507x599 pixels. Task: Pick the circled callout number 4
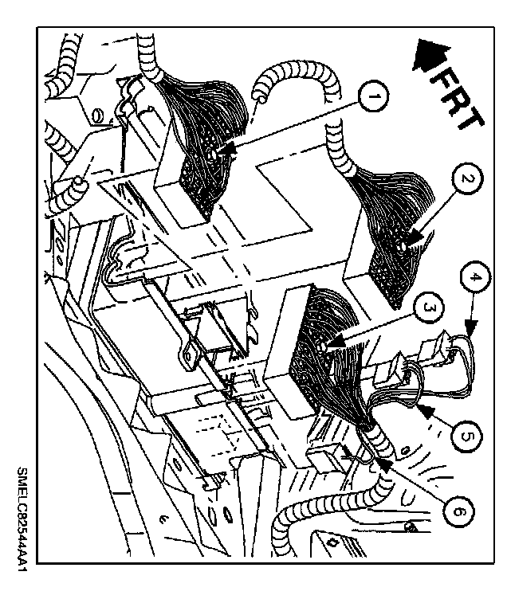(475, 280)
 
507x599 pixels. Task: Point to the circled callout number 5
(469, 435)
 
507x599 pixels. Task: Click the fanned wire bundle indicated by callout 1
(199, 135)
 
